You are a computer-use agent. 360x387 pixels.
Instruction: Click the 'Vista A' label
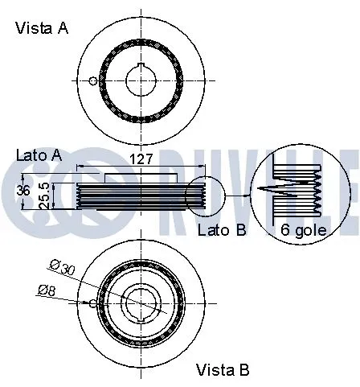coord(42,28)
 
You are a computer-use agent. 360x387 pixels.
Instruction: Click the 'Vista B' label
coord(223,370)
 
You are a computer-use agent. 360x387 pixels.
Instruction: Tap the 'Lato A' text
coord(39,154)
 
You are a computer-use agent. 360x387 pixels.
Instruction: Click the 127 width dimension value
coord(141,159)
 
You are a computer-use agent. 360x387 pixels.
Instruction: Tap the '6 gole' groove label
coord(302,230)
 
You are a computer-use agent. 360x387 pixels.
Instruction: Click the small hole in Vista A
coord(94,80)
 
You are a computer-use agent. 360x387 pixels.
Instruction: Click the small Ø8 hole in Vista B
coord(94,303)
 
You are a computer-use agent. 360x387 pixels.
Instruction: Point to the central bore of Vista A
coord(141,80)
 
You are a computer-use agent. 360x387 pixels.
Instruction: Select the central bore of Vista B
coord(141,303)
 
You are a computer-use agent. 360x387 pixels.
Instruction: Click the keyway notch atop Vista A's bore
coord(141,66)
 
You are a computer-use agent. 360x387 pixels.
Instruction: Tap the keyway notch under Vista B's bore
coord(141,319)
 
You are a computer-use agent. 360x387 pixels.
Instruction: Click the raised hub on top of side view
coord(141,177)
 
